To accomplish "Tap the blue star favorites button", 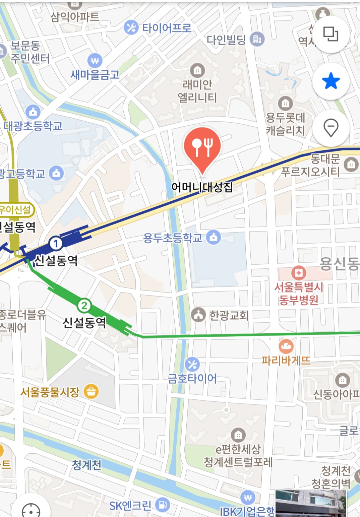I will pyautogui.click(x=331, y=81).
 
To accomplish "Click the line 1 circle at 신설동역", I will pyautogui.click(x=56, y=243).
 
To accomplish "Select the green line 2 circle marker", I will pyautogui.click(x=84, y=305).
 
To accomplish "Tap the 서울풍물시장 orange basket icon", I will pyautogui.click(x=91, y=391).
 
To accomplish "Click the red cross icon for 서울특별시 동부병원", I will pyautogui.click(x=298, y=273).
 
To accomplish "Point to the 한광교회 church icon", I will pyautogui.click(x=198, y=315).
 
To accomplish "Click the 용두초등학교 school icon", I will pyautogui.click(x=214, y=237).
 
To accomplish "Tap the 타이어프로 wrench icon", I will pyautogui.click(x=131, y=27).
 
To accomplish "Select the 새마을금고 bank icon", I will pyautogui.click(x=95, y=61).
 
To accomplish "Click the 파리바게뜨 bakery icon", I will pyautogui.click(x=286, y=346).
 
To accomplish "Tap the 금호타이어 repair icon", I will pyautogui.click(x=192, y=365).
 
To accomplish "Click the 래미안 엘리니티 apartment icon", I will pyautogui.click(x=197, y=70).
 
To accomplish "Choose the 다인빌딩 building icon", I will pyautogui.click(x=257, y=40).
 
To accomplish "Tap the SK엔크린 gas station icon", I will pyautogui.click(x=163, y=504).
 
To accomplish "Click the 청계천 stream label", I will pyautogui.click(x=86, y=465).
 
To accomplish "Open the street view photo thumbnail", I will pyautogui.click(x=310, y=503).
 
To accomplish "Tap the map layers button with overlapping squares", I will pyautogui.click(x=331, y=34).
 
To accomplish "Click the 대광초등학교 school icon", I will pyautogui.click(x=33, y=112).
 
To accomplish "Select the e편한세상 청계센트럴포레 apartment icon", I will pyautogui.click(x=238, y=435).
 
